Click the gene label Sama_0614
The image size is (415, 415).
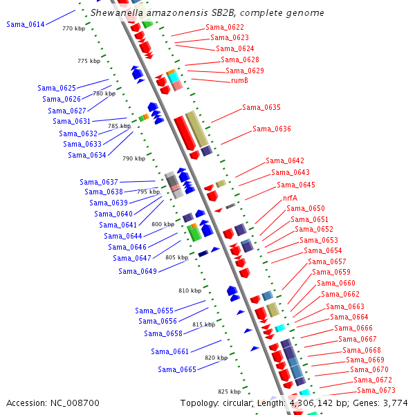coord(26,24)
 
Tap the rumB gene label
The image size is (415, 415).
coord(239,81)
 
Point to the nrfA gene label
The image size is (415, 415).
coord(290,198)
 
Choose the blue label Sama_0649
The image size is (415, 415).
coord(137,271)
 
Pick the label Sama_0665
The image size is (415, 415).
coord(177,369)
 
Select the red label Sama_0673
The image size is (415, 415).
coord(377,391)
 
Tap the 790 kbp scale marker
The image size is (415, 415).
coord(134,158)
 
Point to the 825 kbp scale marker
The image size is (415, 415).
coord(228,391)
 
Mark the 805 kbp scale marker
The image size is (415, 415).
coord(176,257)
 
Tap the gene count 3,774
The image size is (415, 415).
coord(395,403)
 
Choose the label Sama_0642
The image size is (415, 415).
coord(285,160)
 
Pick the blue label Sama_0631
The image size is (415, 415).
coord(71,121)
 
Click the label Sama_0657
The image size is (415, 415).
coord(327,261)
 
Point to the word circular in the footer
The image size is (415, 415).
coord(242,403)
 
